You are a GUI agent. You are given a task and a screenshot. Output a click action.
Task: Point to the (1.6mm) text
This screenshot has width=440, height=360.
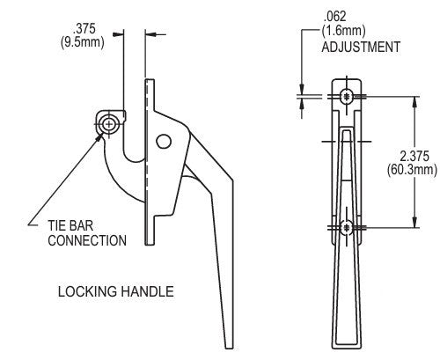click(347, 29)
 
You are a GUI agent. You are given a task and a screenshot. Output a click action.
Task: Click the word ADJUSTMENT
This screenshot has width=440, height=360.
click(362, 46)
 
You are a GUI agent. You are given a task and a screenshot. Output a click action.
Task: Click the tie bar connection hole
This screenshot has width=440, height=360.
click(108, 124)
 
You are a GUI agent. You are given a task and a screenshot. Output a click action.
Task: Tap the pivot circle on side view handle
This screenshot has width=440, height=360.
click(163, 141)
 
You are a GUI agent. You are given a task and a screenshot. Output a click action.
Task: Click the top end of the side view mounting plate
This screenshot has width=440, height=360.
click(150, 81)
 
